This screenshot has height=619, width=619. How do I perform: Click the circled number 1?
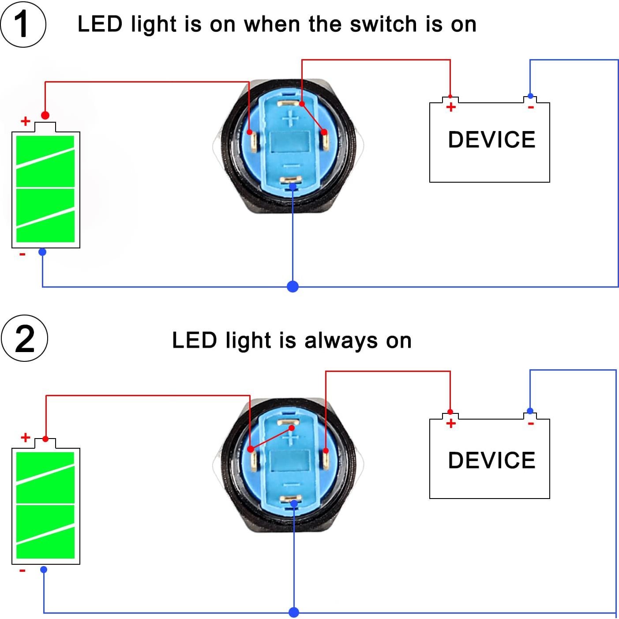[23, 24]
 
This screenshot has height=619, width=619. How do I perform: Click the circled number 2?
[24, 339]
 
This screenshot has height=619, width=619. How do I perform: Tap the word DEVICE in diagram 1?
[491, 140]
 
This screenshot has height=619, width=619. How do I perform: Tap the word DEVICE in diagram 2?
[491, 460]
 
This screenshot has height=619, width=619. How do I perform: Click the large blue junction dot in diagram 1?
[293, 287]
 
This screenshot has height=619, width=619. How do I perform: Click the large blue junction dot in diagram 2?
[294, 612]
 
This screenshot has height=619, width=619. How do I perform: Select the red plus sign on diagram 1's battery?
[26, 121]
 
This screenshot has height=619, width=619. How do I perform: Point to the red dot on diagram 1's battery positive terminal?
[45, 116]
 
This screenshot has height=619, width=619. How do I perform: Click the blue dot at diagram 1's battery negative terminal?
[42, 252]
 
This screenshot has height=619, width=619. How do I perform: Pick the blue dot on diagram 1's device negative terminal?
[530, 96]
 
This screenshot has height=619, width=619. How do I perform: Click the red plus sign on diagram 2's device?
[450, 424]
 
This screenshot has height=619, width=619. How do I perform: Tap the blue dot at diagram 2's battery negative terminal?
[44, 570]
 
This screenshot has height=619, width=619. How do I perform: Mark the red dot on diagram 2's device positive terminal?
[450, 412]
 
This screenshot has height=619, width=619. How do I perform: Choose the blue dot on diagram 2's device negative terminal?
[530, 411]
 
